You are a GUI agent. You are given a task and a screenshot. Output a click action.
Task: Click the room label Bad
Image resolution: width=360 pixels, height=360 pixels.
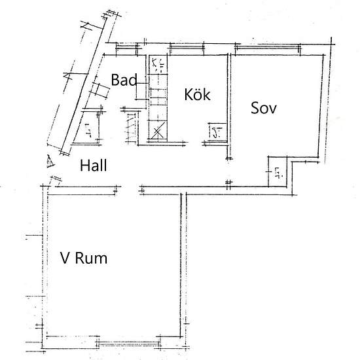pyautogui.click(x=124, y=81)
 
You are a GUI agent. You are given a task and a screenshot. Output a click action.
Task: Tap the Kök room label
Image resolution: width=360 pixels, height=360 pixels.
pyautogui.click(x=197, y=95)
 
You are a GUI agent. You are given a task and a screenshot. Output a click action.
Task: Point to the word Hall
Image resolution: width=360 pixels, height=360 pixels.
pyautogui.click(x=94, y=166)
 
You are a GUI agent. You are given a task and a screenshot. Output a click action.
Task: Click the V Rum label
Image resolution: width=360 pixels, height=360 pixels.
pyautogui.click(x=84, y=259)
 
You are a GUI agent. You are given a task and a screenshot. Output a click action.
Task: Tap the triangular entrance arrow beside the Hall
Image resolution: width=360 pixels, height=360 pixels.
pyautogui.click(x=49, y=160)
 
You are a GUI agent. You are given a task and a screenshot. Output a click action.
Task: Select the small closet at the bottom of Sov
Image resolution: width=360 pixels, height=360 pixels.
pyautogui.click(x=278, y=171)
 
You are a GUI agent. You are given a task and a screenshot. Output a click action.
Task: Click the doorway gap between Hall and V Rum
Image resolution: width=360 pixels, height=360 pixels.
pyautogui.click(x=130, y=190)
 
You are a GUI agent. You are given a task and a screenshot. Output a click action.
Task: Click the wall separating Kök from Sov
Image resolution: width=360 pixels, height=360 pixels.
pyautogui.click(x=230, y=105)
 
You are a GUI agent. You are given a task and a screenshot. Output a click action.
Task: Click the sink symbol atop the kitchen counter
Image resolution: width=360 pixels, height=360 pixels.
pyautogui.click(x=158, y=64)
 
